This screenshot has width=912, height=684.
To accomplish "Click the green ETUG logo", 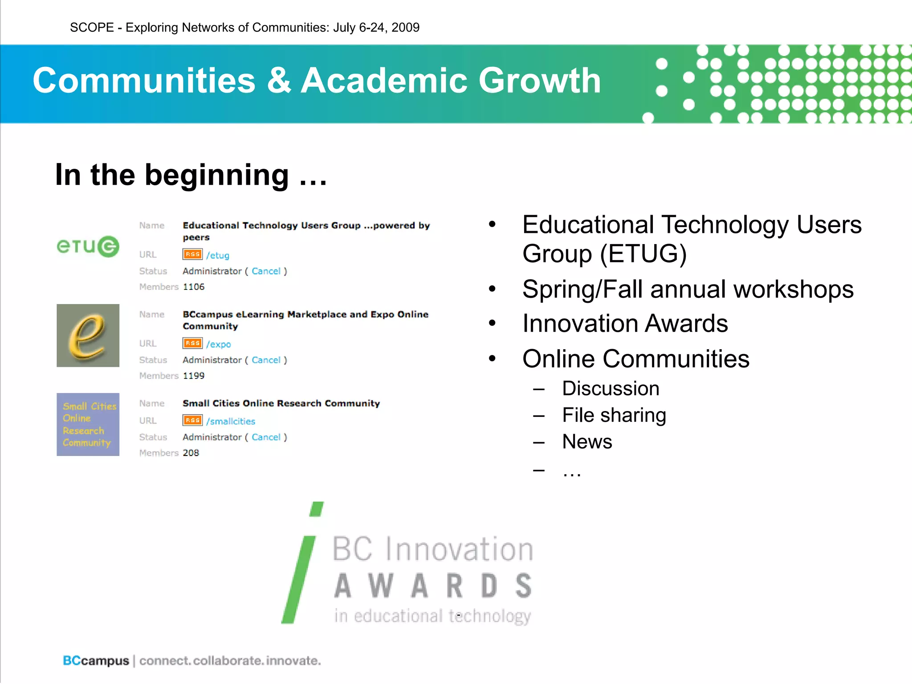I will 88,246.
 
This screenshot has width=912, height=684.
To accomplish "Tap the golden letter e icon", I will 88,335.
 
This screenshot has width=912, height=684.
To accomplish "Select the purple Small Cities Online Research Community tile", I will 88,424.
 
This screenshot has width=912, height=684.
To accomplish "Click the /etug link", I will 218,255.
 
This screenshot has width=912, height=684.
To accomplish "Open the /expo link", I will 218,344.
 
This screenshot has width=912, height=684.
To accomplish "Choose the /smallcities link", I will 231,421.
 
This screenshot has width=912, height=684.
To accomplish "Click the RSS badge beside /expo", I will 192,343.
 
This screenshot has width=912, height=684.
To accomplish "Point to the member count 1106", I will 194,287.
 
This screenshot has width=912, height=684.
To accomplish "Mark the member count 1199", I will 194,376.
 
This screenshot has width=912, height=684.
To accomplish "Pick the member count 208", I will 191,453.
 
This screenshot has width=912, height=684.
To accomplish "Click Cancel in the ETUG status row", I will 266,271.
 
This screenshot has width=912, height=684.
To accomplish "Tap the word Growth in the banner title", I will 539,81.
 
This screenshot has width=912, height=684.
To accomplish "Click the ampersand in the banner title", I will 279,81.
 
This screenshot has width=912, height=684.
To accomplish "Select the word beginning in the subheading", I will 217,175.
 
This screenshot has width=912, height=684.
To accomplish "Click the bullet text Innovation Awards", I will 625,323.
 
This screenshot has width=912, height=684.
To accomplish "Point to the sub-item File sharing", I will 614,415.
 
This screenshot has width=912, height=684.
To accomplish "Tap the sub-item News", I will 587,442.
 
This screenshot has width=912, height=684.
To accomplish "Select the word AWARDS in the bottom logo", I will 433,586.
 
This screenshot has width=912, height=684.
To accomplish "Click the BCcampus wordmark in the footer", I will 96,660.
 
